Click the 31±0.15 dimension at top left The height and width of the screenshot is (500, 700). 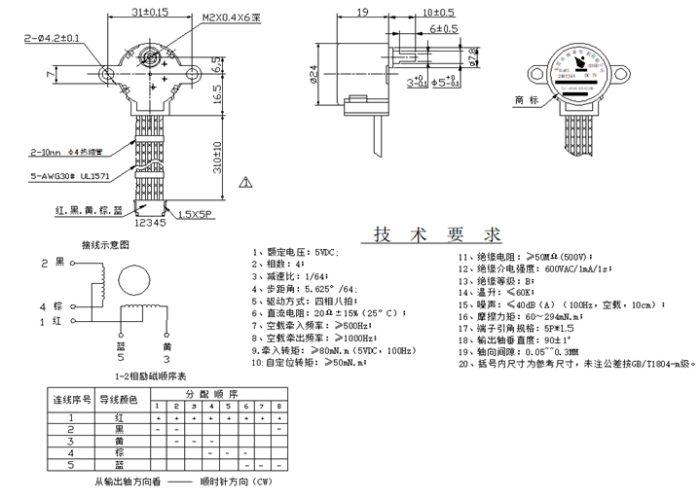tap(148, 13)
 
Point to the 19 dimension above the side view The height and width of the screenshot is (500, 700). tap(361, 13)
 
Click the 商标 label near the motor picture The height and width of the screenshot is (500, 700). tap(527, 100)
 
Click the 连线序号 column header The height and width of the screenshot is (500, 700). tap(71, 400)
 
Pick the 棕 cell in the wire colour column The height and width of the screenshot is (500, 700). tap(119, 452)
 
